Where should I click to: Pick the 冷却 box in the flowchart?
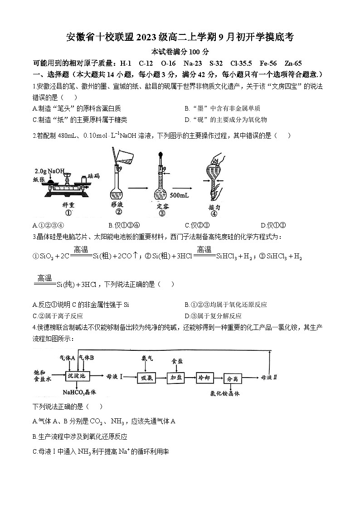(x=204, y=377)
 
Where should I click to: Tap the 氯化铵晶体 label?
(x=224, y=393)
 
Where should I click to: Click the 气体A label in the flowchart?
(x=68, y=358)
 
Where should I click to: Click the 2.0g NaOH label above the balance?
(x=49, y=171)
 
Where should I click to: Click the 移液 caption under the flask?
(x=117, y=204)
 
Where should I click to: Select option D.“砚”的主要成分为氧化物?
(x=226, y=120)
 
